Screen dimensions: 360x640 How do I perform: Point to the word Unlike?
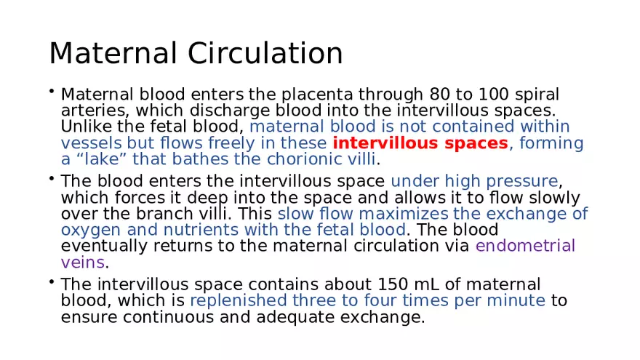click(x=85, y=127)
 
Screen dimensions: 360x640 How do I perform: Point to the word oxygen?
click(x=84, y=230)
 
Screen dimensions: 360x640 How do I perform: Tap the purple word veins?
click(x=83, y=262)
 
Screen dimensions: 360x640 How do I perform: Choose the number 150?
click(x=392, y=284)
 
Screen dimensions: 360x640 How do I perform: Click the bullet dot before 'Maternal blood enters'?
click(x=52, y=92)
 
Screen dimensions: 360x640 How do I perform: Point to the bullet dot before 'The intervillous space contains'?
click(x=52, y=281)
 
